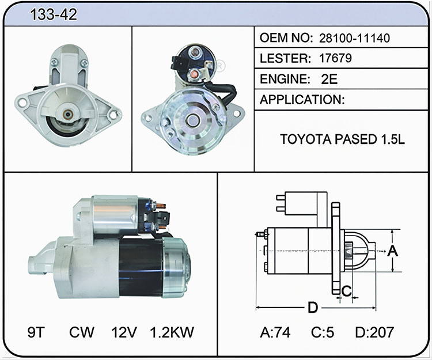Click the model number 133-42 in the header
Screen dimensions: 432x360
54,14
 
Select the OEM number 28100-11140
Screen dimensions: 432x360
354,38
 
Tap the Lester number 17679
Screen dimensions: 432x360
335,58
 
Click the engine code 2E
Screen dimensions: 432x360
329,79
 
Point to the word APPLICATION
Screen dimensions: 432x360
302,100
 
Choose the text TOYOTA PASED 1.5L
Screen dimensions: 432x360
343,139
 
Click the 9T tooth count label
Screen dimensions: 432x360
36,332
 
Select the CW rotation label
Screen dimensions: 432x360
82,332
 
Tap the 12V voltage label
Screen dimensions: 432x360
124,332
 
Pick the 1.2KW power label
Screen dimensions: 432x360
172,332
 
